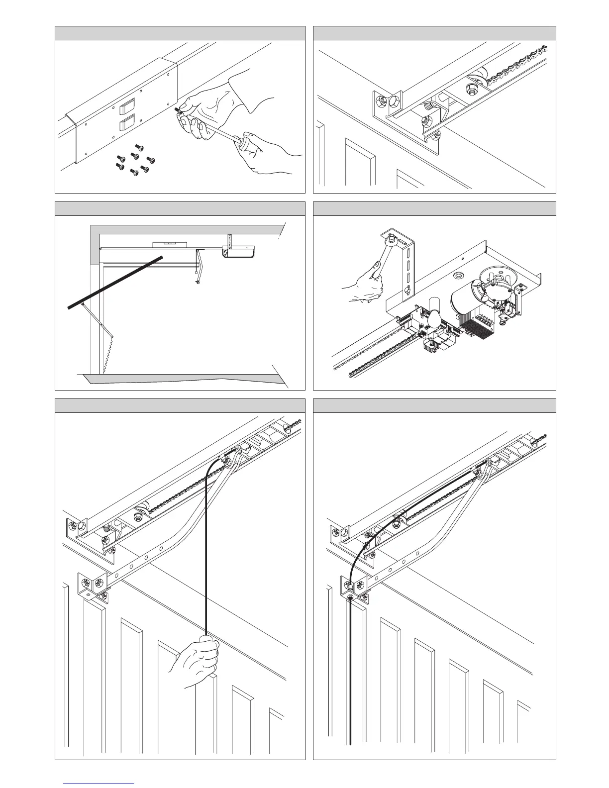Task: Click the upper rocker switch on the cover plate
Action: (126, 105)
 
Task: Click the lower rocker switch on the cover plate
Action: (126, 122)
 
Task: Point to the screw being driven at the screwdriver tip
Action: (177, 108)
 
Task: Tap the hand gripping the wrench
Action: (366, 286)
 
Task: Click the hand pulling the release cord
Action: (199, 662)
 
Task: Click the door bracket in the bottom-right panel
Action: (354, 587)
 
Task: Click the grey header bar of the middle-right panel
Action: (434, 208)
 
